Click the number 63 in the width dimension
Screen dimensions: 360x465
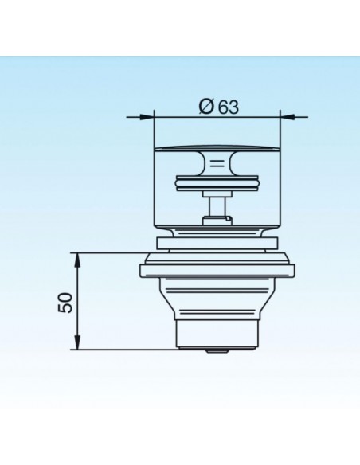click(229, 107)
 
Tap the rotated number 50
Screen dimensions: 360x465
click(65, 303)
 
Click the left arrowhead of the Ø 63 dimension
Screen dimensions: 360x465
click(147, 117)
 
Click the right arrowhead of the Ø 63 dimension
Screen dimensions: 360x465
click(288, 117)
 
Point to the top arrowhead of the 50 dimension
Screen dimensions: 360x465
click(77, 260)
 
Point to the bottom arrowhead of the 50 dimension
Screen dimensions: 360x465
click(77, 342)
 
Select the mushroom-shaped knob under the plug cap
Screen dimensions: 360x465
click(217, 162)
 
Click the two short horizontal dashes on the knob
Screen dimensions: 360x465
click(217, 162)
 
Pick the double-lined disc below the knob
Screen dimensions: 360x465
click(217, 184)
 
